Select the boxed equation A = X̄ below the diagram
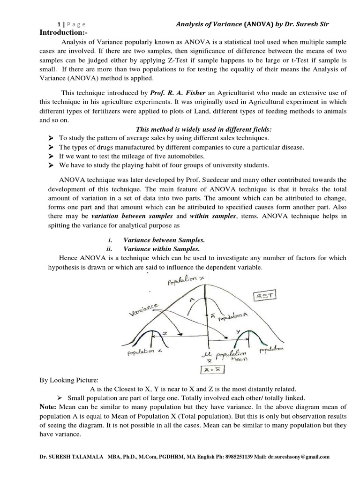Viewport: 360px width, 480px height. click(x=210, y=370)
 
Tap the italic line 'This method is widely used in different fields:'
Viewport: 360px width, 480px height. click(x=203, y=129)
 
